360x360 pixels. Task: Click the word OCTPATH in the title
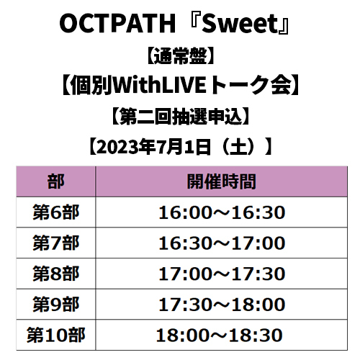[x=117, y=24]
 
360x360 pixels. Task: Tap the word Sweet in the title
[x=240, y=24]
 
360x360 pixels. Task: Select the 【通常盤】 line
[x=180, y=56]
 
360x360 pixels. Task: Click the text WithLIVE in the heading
[x=160, y=85]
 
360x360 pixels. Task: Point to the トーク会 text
[x=251, y=85]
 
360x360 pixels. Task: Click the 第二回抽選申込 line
[x=181, y=117]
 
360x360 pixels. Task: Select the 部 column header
[x=56, y=181]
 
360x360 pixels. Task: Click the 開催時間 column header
[x=221, y=181]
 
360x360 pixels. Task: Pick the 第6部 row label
[x=56, y=212]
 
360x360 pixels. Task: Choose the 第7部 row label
[x=56, y=243]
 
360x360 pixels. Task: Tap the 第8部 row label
[x=56, y=274]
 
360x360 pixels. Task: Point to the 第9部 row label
[x=56, y=305]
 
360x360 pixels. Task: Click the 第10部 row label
[x=56, y=335]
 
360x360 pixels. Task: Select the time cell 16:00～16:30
[x=222, y=212]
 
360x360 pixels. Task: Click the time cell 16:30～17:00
[x=222, y=243]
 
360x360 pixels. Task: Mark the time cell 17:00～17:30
[x=222, y=274]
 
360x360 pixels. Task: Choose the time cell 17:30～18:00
[x=222, y=305]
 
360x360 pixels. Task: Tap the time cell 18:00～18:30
[x=219, y=336]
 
